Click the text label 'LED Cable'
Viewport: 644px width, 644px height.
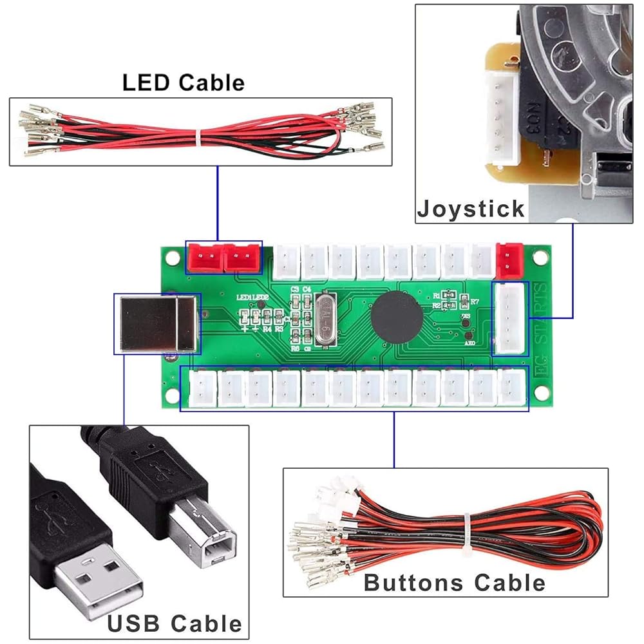pos(184,82)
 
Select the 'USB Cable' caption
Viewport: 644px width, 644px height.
pos(175,623)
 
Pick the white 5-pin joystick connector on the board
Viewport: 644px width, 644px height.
pos(510,317)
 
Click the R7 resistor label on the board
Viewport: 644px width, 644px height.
pos(475,301)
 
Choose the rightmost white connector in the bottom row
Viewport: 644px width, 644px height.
pos(513,388)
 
